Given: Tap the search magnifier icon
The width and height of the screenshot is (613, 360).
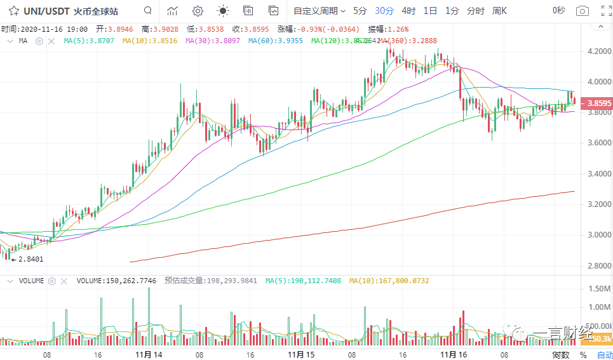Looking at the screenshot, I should point(147,11).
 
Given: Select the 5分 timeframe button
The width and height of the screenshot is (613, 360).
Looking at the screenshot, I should point(360,11).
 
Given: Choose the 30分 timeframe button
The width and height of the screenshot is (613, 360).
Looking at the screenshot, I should point(384,11).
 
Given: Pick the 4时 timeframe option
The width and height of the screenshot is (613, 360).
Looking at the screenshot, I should point(408,11).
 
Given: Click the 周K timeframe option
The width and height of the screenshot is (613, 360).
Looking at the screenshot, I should point(500,11).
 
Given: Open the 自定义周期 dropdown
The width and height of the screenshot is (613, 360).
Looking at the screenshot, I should point(319,11).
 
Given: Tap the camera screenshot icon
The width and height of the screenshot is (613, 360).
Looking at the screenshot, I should point(582,11).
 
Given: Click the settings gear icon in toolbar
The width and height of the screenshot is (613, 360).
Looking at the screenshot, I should point(198,11).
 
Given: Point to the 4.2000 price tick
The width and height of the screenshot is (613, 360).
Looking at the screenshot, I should point(596,51).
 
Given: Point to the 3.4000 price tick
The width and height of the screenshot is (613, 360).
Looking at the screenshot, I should point(596,173).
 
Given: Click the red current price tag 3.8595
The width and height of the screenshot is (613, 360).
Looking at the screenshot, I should point(598,103).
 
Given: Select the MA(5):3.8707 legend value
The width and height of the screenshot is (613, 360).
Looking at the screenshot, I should point(89,41).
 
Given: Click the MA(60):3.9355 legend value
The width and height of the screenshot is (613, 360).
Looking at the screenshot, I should point(275,41).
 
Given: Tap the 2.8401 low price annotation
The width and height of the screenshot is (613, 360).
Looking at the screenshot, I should point(30,259).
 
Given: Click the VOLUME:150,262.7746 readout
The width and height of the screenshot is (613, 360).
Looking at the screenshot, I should point(117,280).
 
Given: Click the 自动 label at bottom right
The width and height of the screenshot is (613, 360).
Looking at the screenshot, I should point(605,355).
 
